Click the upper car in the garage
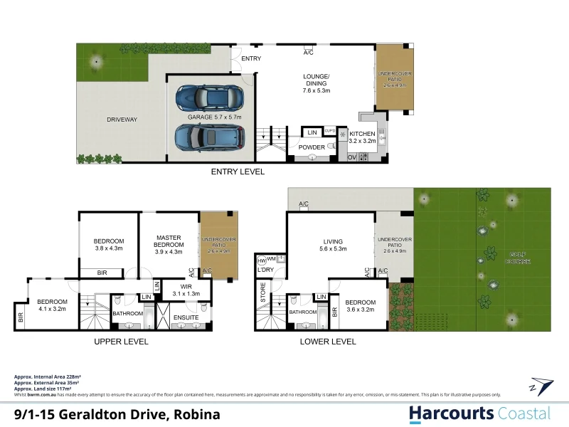pos(210,96)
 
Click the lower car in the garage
pos(210,135)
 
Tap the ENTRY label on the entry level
pos(251,58)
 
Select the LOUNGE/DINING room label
pos(316,83)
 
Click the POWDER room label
pos(311,147)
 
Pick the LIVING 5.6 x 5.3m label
pos(333,246)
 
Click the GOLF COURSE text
pos(516,258)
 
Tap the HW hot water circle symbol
pos(261,260)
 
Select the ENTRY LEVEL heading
pos(238,172)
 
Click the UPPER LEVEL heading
pos(121,342)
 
